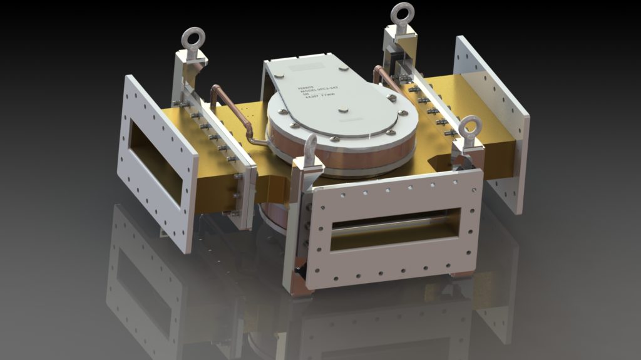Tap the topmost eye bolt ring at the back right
coord(402,13)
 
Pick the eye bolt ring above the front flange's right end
coord(468,128)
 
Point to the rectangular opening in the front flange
coord(394,229)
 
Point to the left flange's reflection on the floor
coord(144,282)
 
